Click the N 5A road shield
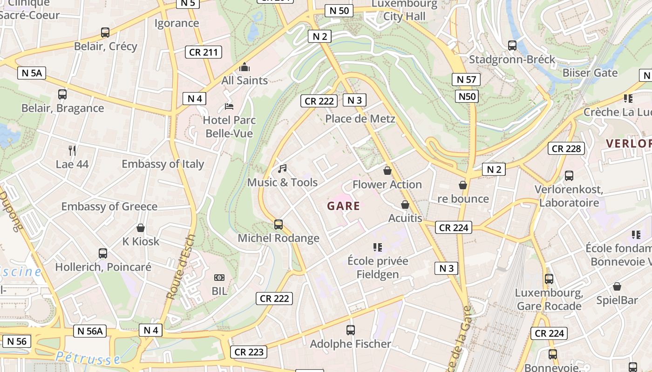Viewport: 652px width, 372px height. pyautogui.click(x=32, y=73)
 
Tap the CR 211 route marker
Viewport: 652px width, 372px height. pyautogui.click(x=204, y=52)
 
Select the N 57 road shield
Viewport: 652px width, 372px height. pyautogui.click(x=466, y=80)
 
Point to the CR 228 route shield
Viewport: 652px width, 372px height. pyautogui.click(x=566, y=148)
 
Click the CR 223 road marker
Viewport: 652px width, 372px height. pyautogui.click(x=249, y=352)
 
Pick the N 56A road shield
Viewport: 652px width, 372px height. pyautogui.click(x=90, y=331)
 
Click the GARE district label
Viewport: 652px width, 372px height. pyautogui.click(x=344, y=206)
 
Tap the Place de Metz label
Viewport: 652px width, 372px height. pyautogui.click(x=360, y=119)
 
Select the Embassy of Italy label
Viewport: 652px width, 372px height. pyautogui.click(x=163, y=164)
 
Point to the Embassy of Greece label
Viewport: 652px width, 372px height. pyautogui.click(x=109, y=206)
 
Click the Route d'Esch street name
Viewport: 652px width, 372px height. pyautogui.click(x=180, y=267)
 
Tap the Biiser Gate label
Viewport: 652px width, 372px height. pyautogui.click(x=590, y=73)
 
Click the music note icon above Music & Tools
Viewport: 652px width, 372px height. pyautogui.click(x=282, y=169)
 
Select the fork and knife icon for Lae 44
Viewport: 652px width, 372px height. pyautogui.click(x=72, y=150)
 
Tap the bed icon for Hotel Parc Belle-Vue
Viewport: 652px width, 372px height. pyautogui.click(x=229, y=106)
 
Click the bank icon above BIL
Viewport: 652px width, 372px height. pyautogui.click(x=219, y=278)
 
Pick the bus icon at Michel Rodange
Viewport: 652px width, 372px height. pyautogui.click(x=278, y=225)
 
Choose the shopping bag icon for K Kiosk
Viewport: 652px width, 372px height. pyautogui.click(x=141, y=228)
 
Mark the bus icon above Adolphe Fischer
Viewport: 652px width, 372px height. pyautogui.click(x=351, y=330)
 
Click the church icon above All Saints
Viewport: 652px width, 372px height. pyautogui.click(x=244, y=67)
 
